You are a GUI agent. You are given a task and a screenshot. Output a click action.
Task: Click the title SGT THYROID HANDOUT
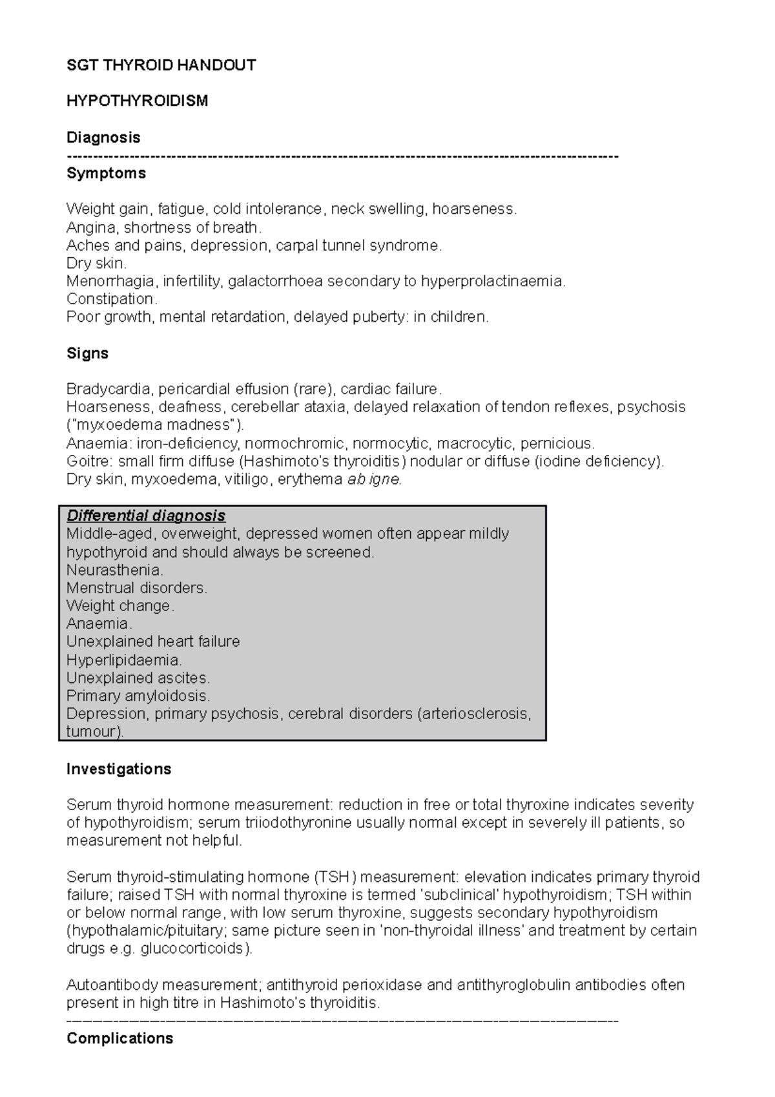click(161, 65)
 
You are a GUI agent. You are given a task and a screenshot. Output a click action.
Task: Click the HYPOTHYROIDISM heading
click(137, 101)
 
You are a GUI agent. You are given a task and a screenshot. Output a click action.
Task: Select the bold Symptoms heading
click(106, 174)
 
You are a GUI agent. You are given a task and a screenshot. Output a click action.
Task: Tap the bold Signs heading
click(87, 353)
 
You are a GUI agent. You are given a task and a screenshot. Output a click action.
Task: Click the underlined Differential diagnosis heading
click(146, 516)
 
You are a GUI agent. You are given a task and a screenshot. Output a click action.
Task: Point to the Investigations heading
click(119, 769)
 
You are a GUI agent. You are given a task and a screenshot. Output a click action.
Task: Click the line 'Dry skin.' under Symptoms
click(96, 264)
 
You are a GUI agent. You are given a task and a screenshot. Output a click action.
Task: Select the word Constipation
click(111, 299)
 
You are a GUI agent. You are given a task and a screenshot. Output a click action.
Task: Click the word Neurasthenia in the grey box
click(114, 570)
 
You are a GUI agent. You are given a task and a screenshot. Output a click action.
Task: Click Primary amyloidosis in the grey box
click(138, 696)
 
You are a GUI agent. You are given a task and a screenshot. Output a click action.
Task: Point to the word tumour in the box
click(92, 732)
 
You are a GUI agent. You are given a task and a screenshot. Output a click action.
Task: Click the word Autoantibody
click(112, 985)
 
